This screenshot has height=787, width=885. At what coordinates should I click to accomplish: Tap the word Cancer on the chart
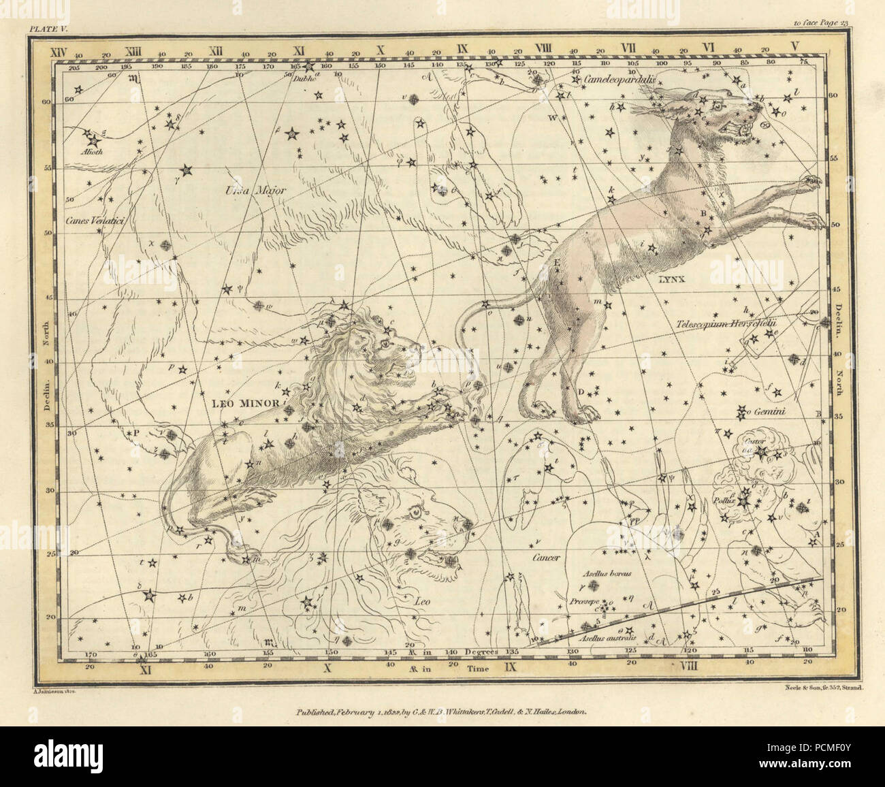tap(546, 558)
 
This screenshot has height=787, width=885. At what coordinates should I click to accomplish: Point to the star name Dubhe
tap(300, 77)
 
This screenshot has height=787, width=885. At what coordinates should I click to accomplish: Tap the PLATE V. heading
tap(45, 28)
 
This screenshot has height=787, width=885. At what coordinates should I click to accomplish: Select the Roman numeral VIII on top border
tap(543, 48)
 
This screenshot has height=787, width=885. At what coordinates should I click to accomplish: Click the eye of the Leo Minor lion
tap(386, 344)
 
